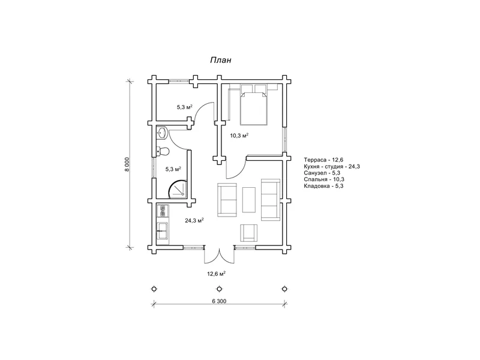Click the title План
click(x=220, y=61)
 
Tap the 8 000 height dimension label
click(x=127, y=164)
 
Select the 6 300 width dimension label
click(x=219, y=301)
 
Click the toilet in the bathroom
click(x=163, y=151)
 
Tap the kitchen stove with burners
click(x=163, y=211)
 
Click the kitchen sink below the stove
click(x=163, y=230)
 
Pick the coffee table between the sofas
click(x=249, y=200)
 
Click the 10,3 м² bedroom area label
click(x=239, y=136)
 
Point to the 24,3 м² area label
click(x=194, y=220)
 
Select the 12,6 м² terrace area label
click(x=217, y=274)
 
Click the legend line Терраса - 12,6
click(x=323, y=160)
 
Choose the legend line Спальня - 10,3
click(x=324, y=179)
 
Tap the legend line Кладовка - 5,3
click(x=323, y=186)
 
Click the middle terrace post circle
click(x=219, y=289)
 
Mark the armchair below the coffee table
click(x=248, y=233)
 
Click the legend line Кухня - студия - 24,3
click(x=332, y=167)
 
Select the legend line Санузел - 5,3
click(x=322, y=173)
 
